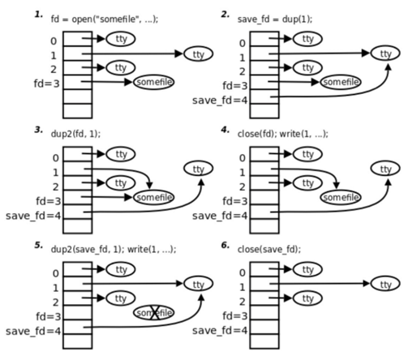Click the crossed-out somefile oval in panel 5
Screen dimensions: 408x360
coord(153,313)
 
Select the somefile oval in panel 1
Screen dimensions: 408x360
coord(153,82)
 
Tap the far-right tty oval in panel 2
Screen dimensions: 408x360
coord(385,54)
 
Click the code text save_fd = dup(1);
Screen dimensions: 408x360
coord(275,19)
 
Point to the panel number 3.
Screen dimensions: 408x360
coord(38,130)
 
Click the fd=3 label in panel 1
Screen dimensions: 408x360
coord(46,84)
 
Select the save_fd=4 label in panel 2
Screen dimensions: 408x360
coord(220,101)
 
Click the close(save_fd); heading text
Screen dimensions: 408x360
coord(269,249)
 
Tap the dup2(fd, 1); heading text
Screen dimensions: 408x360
coord(75,134)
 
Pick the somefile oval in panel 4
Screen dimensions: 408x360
coord(341,197)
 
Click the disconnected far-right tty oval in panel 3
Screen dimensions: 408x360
coord(199,169)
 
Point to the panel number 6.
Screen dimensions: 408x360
coord(225,245)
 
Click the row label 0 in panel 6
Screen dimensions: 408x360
coord(242,273)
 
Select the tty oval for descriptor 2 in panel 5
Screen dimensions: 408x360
coord(120,298)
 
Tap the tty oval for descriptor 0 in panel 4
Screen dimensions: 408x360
coord(307,154)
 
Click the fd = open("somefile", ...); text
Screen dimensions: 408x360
coord(105,19)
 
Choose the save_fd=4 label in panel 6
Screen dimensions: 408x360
coord(220,331)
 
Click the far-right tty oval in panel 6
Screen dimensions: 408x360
coord(385,284)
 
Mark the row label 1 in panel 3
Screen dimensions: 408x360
coord(55,173)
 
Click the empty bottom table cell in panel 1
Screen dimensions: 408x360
coord(78,111)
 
